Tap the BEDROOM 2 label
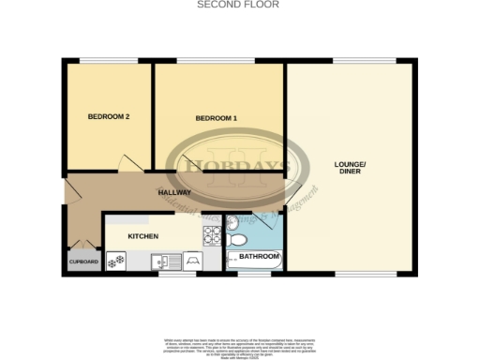click(x=108, y=117)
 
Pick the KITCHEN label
click(x=142, y=235)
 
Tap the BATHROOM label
click(x=258, y=257)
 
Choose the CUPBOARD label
click(x=82, y=262)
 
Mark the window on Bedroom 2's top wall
click(x=105, y=62)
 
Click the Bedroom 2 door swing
click(x=131, y=164)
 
